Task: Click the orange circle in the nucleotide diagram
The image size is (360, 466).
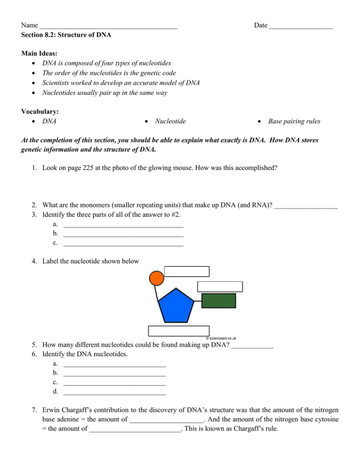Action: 157,278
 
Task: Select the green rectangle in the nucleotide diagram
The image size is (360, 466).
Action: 218,301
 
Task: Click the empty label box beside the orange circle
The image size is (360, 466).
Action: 187,271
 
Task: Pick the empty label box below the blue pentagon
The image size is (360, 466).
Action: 179,331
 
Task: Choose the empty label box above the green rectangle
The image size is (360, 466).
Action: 220,286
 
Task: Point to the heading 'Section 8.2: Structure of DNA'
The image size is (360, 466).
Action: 66,35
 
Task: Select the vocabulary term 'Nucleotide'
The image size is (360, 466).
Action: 170,121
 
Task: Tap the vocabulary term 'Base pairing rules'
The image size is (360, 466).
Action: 294,121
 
